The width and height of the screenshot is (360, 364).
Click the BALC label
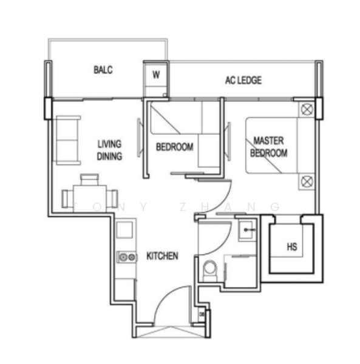tap(103, 70)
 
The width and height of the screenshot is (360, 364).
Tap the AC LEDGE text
tap(243, 80)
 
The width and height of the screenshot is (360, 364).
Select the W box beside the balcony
tap(156, 75)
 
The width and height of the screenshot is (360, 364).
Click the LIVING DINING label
tap(110, 150)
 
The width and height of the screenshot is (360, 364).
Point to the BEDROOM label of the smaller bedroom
tap(174, 147)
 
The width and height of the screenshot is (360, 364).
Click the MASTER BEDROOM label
tap(269, 147)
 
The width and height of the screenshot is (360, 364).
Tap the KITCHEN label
tap(162, 256)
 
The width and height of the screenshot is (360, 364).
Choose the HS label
tap(292, 247)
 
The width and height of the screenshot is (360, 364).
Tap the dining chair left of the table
tap(67, 197)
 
